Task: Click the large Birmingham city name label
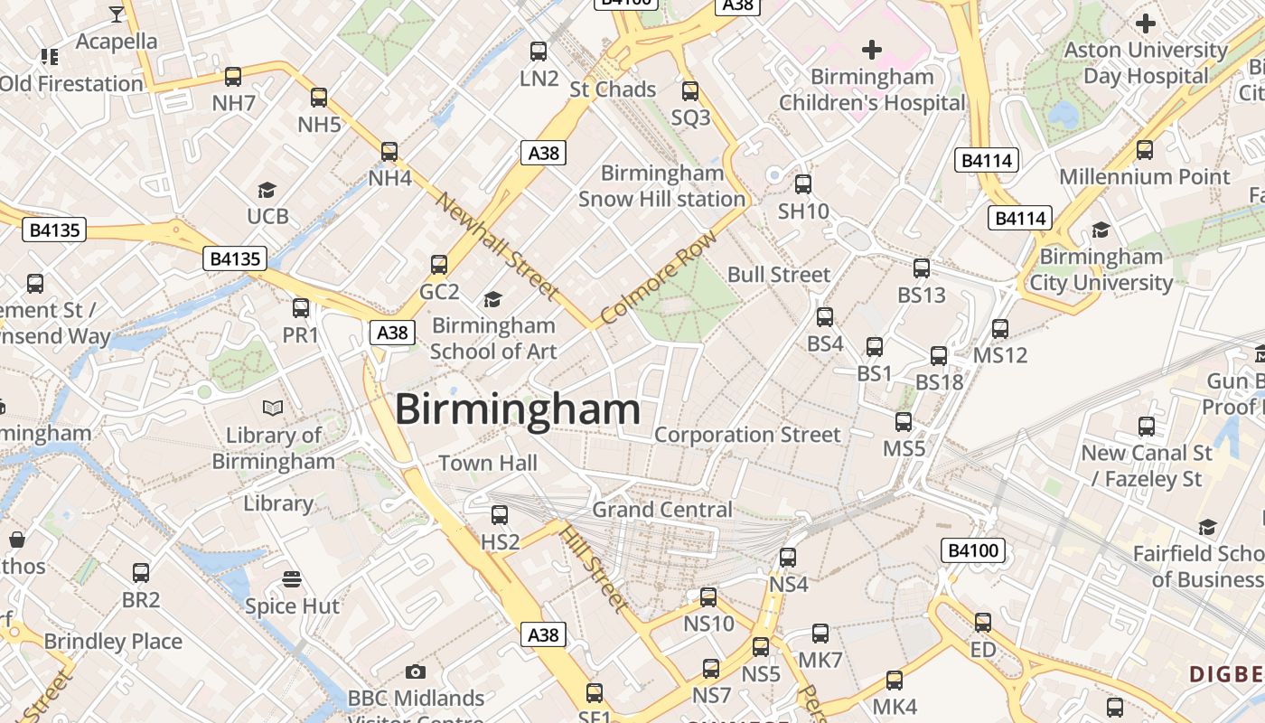point(518,409)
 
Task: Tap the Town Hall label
point(488,464)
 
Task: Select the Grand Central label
point(662,510)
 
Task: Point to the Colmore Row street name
point(659,277)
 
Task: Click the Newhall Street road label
point(496,245)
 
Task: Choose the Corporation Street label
point(747,435)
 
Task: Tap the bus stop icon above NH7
point(233,77)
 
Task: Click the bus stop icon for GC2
point(439,265)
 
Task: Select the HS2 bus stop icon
point(500,515)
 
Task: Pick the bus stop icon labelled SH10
point(803,184)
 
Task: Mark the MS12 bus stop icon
point(1000,329)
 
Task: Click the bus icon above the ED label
point(983,623)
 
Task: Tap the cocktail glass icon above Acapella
point(117,14)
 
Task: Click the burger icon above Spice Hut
point(291,578)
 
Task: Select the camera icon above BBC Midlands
point(416,671)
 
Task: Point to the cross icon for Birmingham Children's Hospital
point(872,49)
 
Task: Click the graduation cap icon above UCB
point(267,190)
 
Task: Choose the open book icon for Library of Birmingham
point(273,408)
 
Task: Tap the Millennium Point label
point(1145,177)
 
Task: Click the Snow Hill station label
point(661,186)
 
